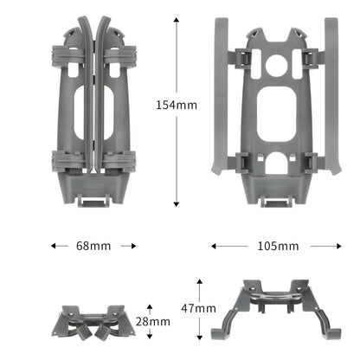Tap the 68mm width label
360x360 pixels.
coord(93,246)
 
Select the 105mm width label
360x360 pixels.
coord(278,246)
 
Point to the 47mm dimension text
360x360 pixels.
coord(199,308)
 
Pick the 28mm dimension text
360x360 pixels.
coord(153,321)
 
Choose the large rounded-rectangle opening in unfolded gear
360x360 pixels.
coord(277,108)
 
